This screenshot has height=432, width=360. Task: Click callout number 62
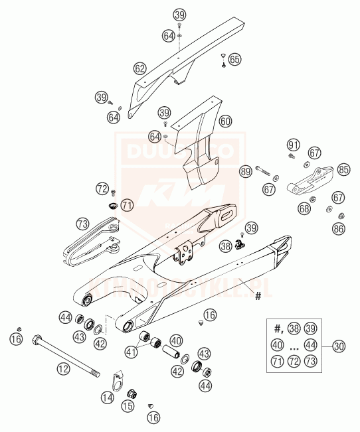coord(139,68)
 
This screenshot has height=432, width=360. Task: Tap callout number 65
coord(234,60)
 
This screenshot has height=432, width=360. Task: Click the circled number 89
coord(246,171)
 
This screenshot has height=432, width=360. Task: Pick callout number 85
coord(343,169)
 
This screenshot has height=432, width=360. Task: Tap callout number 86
coord(339,229)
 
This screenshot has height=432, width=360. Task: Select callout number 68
coord(304,208)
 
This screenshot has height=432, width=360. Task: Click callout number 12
coord(63,367)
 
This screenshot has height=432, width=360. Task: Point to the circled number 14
coord(108,397)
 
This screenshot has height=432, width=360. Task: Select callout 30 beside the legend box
coord(339,345)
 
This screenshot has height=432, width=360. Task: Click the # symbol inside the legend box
coord(278,328)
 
